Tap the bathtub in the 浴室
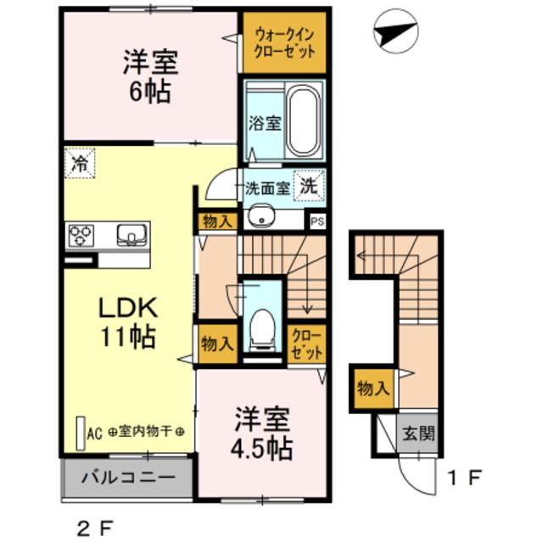pos(304,120)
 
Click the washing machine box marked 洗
pos(309,186)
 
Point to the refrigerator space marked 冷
pos(79,163)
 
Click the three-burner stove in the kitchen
pos(81,236)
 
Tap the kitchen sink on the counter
pos(132,234)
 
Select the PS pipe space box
pos(317,221)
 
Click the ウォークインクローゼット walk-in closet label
pos(284,43)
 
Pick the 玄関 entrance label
pos(418,433)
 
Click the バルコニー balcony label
pos(128,478)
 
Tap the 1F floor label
pos(464,479)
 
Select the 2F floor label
pos(93,528)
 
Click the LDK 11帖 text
pos(128,322)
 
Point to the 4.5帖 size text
pos(262,450)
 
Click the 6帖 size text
pos(150,91)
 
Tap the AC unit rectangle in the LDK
pos(81,433)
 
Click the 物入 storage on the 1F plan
pos(373,389)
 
